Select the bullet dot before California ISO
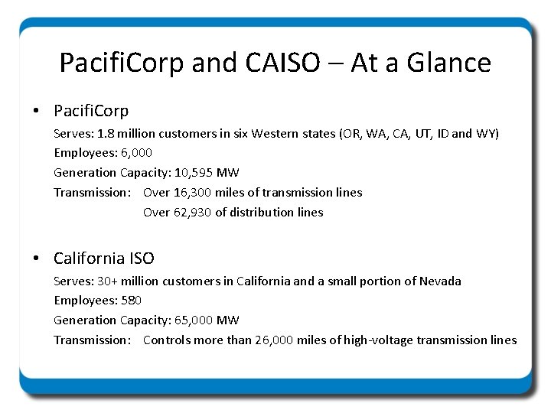click(x=37, y=259)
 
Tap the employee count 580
click(x=131, y=301)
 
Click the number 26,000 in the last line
click(x=272, y=340)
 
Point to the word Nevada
click(x=440, y=281)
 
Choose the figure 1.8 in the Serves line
click(x=106, y=134)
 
